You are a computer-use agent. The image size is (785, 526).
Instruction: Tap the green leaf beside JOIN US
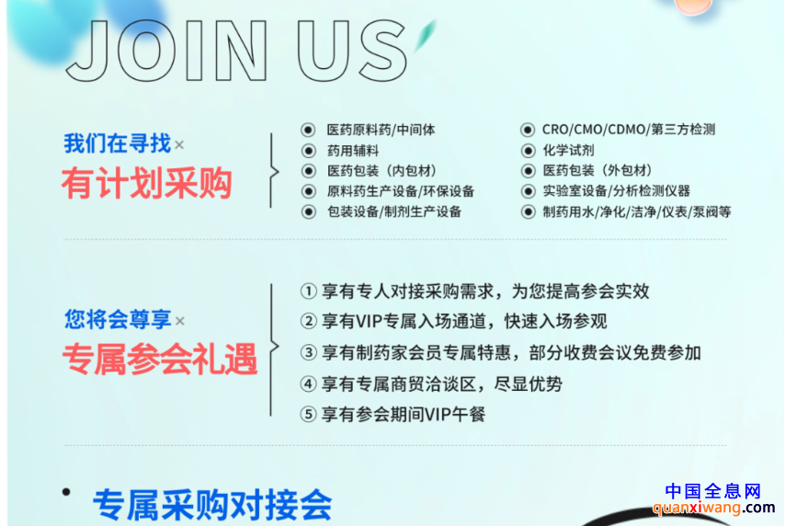(x=425, y=35)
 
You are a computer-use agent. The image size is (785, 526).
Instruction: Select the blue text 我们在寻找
(x=117, y=143)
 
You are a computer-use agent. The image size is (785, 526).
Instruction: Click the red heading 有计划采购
(x=147, y=184)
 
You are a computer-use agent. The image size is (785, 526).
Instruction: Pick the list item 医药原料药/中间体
(x=381, y=130)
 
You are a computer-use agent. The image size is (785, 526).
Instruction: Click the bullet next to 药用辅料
(x=309, y=150)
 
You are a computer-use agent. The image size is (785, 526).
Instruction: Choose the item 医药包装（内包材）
(x=382, y=171)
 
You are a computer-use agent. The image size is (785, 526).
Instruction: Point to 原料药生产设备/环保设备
(x=401, y=191)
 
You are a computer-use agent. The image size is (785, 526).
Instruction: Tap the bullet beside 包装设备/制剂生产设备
(x=309, y=212)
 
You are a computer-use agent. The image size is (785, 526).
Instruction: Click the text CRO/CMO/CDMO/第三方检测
(x=629, y=130)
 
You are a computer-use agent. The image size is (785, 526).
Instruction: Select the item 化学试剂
(x=568, y=150)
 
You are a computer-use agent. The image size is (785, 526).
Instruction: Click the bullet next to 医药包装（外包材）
(x=528, y=171)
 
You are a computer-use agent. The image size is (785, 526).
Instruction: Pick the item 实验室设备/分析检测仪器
(x=616, y=191)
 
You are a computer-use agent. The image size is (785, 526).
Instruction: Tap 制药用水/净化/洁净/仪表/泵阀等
(x=637, y=212)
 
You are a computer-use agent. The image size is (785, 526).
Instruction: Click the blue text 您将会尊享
(x=118, y=319)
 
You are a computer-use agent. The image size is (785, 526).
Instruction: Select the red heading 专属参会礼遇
(x=160, y=360)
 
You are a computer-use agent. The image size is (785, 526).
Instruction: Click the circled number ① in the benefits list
(x=309, y=292)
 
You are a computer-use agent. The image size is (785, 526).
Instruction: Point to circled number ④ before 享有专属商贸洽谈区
(x=309, y=384)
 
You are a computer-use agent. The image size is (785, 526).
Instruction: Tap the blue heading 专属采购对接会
(x=212, y=505)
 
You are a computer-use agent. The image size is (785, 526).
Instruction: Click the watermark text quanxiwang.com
(x=714, y=508)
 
